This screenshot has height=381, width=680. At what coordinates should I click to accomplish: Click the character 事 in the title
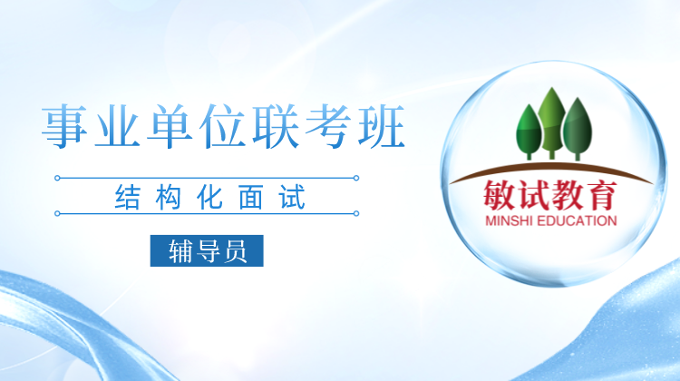pyautogui.click(x=64, y=126)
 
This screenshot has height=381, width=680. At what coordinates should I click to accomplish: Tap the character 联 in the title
pyautogui.click(x=276, y=126)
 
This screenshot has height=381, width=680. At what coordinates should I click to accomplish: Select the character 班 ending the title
pyautogui.click(x=382, y=126)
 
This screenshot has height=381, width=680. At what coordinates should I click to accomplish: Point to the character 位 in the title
pyautogui.click(x=223, y=126)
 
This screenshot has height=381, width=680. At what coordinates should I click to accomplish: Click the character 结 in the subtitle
pyautogui.click(x=128, y=198)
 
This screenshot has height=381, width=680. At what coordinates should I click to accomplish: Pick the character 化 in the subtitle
pyautogui.click(x=210, y=198)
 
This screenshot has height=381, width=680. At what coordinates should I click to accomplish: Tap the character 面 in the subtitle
pyautogui.click(x=250, y=198)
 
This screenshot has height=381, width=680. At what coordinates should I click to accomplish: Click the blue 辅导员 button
pyautogui.click(x=207, y=250)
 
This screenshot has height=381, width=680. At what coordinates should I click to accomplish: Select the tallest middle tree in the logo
pyautogui.click(x=551, y=122)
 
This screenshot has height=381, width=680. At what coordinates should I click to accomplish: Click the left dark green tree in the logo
pyautogui.click(x=529, y=132)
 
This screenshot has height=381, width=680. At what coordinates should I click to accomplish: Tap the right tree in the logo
pyautogui.click(x=578, y=129)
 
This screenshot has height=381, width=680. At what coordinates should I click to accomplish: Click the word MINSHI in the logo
pyautogui.click(x=509, y=220)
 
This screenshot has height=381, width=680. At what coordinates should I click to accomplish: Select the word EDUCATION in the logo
pyautogui.click(x=577, y=220)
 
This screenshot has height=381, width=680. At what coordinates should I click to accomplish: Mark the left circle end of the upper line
pyautogui.click(x=57, y=178)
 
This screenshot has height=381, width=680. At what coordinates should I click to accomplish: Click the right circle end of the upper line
pyautogui.click(x=356, y=178)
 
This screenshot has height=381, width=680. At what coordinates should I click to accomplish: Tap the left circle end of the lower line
pyautogui.click(x=57, y=213)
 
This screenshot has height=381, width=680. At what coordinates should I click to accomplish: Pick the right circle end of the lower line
pyautogui.click(x=356, y=213)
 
